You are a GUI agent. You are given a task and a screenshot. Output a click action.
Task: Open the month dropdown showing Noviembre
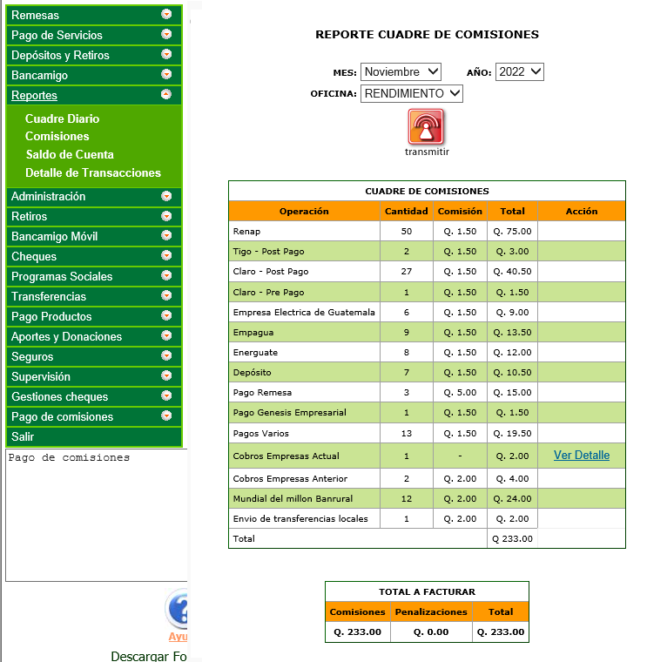pos(401,72)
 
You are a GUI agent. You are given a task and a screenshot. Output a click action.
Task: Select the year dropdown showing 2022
pos(519,72)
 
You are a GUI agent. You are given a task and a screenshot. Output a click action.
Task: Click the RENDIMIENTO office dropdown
pos(412,93)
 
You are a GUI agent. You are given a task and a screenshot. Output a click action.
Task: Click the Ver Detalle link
pos(581,456)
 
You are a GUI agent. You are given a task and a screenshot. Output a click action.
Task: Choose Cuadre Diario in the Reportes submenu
pos(62,118)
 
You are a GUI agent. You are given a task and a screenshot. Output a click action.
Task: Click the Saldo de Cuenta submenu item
pos(70,154)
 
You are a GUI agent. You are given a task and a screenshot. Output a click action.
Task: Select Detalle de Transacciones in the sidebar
pos(93,172)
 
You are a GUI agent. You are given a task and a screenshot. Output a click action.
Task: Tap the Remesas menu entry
pos(36,16)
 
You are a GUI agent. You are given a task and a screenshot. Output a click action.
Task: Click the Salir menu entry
pos(23,436)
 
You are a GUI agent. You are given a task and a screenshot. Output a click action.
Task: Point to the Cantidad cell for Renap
pos(407,232)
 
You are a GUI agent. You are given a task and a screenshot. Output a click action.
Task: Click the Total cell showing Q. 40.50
pos(512,272)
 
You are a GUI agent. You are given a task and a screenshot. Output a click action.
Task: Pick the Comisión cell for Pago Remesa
pos(460,393)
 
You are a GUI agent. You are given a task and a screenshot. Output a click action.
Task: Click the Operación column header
pos(304,212)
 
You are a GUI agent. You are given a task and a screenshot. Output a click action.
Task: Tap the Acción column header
pos(581,212)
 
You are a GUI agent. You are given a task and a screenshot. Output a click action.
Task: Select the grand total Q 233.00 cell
pos(512,539)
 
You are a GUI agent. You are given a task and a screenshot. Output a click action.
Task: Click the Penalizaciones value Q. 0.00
pos(431,632)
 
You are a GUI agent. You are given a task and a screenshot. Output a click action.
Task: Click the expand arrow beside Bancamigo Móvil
pos(166,237)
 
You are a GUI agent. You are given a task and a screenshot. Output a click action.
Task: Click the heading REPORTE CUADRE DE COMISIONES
pos(427,35)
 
